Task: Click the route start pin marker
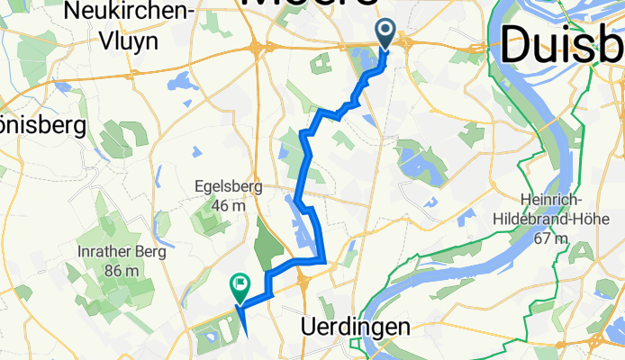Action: click(385, 33)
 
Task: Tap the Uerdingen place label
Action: click(347, 325)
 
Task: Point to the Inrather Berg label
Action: click(122, 252)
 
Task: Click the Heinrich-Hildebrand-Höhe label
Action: click(558, 209)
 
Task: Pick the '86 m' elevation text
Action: click(122, 270)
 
